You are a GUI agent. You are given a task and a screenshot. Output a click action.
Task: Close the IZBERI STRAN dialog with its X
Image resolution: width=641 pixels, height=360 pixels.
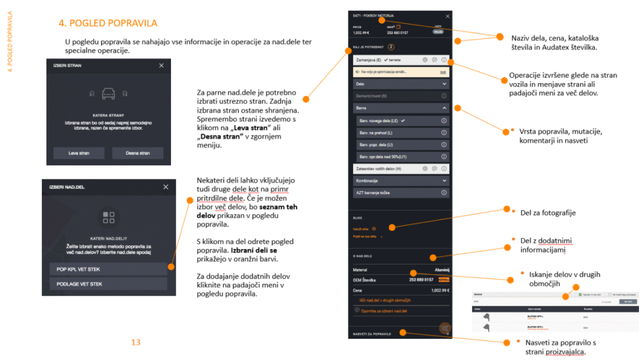click(162, 65)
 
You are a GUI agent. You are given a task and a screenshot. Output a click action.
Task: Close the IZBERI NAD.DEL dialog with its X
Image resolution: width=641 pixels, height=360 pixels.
click(165, 187)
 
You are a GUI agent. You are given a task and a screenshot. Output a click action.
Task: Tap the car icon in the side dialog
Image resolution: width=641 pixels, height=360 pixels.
click(108, 94)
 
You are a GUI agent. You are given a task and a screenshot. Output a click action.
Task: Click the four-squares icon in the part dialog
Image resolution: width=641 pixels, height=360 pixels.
click(108, 217)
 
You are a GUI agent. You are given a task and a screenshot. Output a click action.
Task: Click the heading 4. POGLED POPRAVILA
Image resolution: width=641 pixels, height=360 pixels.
click(107, 23)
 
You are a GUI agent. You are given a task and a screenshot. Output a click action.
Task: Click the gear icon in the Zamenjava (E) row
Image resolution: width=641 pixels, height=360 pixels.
click(425, 60)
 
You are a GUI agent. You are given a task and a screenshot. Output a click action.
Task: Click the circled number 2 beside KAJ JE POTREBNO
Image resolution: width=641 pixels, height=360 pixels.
click(391, 46)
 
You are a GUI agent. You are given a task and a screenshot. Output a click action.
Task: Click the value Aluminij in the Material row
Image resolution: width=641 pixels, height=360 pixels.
click(442, 270)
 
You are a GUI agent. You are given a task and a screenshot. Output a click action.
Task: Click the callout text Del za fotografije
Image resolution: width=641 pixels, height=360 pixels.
click(548, 213)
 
